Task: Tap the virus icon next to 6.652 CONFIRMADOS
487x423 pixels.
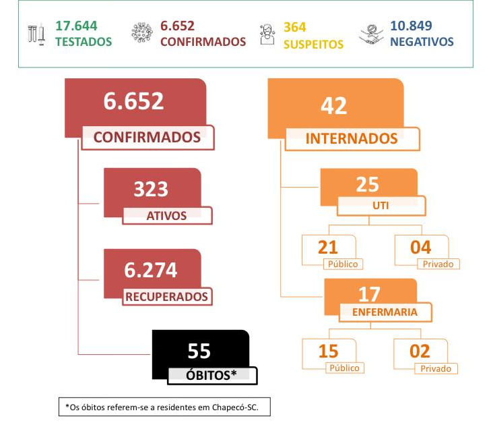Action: coord(143,34)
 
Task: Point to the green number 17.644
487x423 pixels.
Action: coord(76,26)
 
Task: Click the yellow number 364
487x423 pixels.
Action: coord(295,26)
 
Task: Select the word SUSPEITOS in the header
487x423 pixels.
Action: coord(313,44)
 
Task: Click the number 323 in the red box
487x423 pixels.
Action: coord(150,189)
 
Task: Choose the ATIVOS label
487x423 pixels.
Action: coord(167,216)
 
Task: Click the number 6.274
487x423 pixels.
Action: coord(151,270)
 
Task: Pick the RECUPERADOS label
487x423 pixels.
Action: coord(167,295)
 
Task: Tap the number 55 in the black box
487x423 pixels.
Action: coord(199,351)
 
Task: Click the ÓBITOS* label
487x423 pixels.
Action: coord(211,374)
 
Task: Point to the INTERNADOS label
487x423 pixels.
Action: coord(352,138)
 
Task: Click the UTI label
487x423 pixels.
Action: coord(380,204)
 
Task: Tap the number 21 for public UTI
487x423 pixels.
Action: coord(328,247)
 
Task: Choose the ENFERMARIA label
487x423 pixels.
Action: coord(385,312)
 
